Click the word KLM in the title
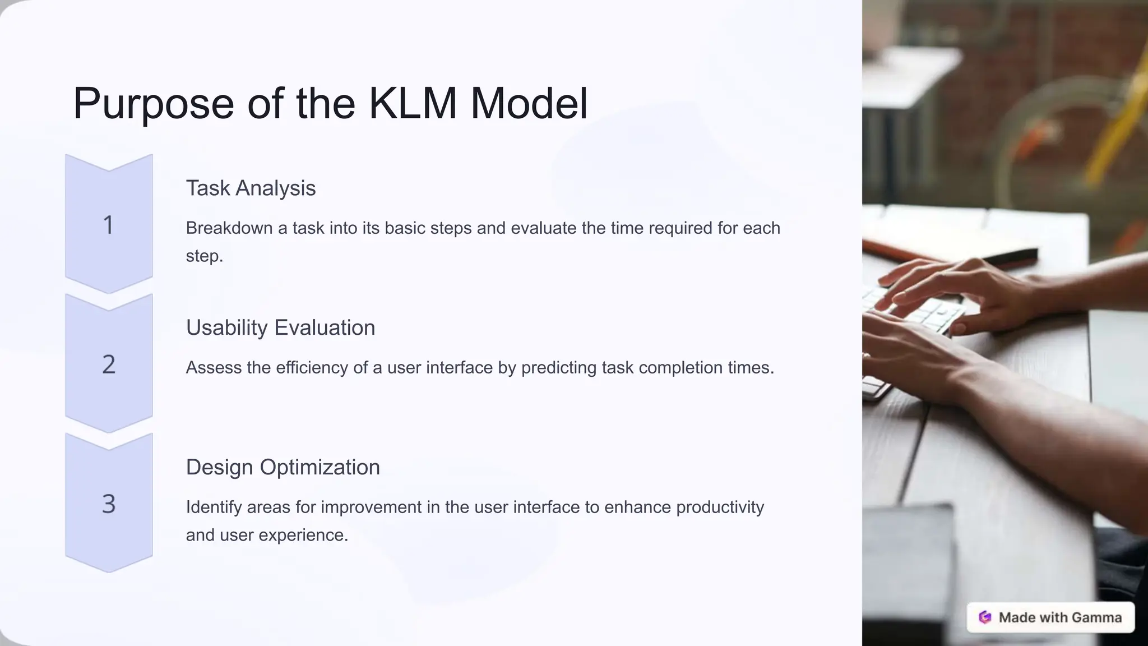coord(413,103)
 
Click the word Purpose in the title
coord(153,104)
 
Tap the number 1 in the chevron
coord(109,225)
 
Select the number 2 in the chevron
coord(109,364)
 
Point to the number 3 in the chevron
coord(109,504)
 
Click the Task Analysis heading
coord(251,188)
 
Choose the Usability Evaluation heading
coord(280,327)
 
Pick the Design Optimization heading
coord(283,467)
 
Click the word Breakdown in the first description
coord(229,228)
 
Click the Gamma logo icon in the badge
coord(985,617)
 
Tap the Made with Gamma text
coord(1060,617)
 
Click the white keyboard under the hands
coord(919,314)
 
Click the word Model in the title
coord(529,103)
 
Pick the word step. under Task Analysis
coord(205,256)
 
